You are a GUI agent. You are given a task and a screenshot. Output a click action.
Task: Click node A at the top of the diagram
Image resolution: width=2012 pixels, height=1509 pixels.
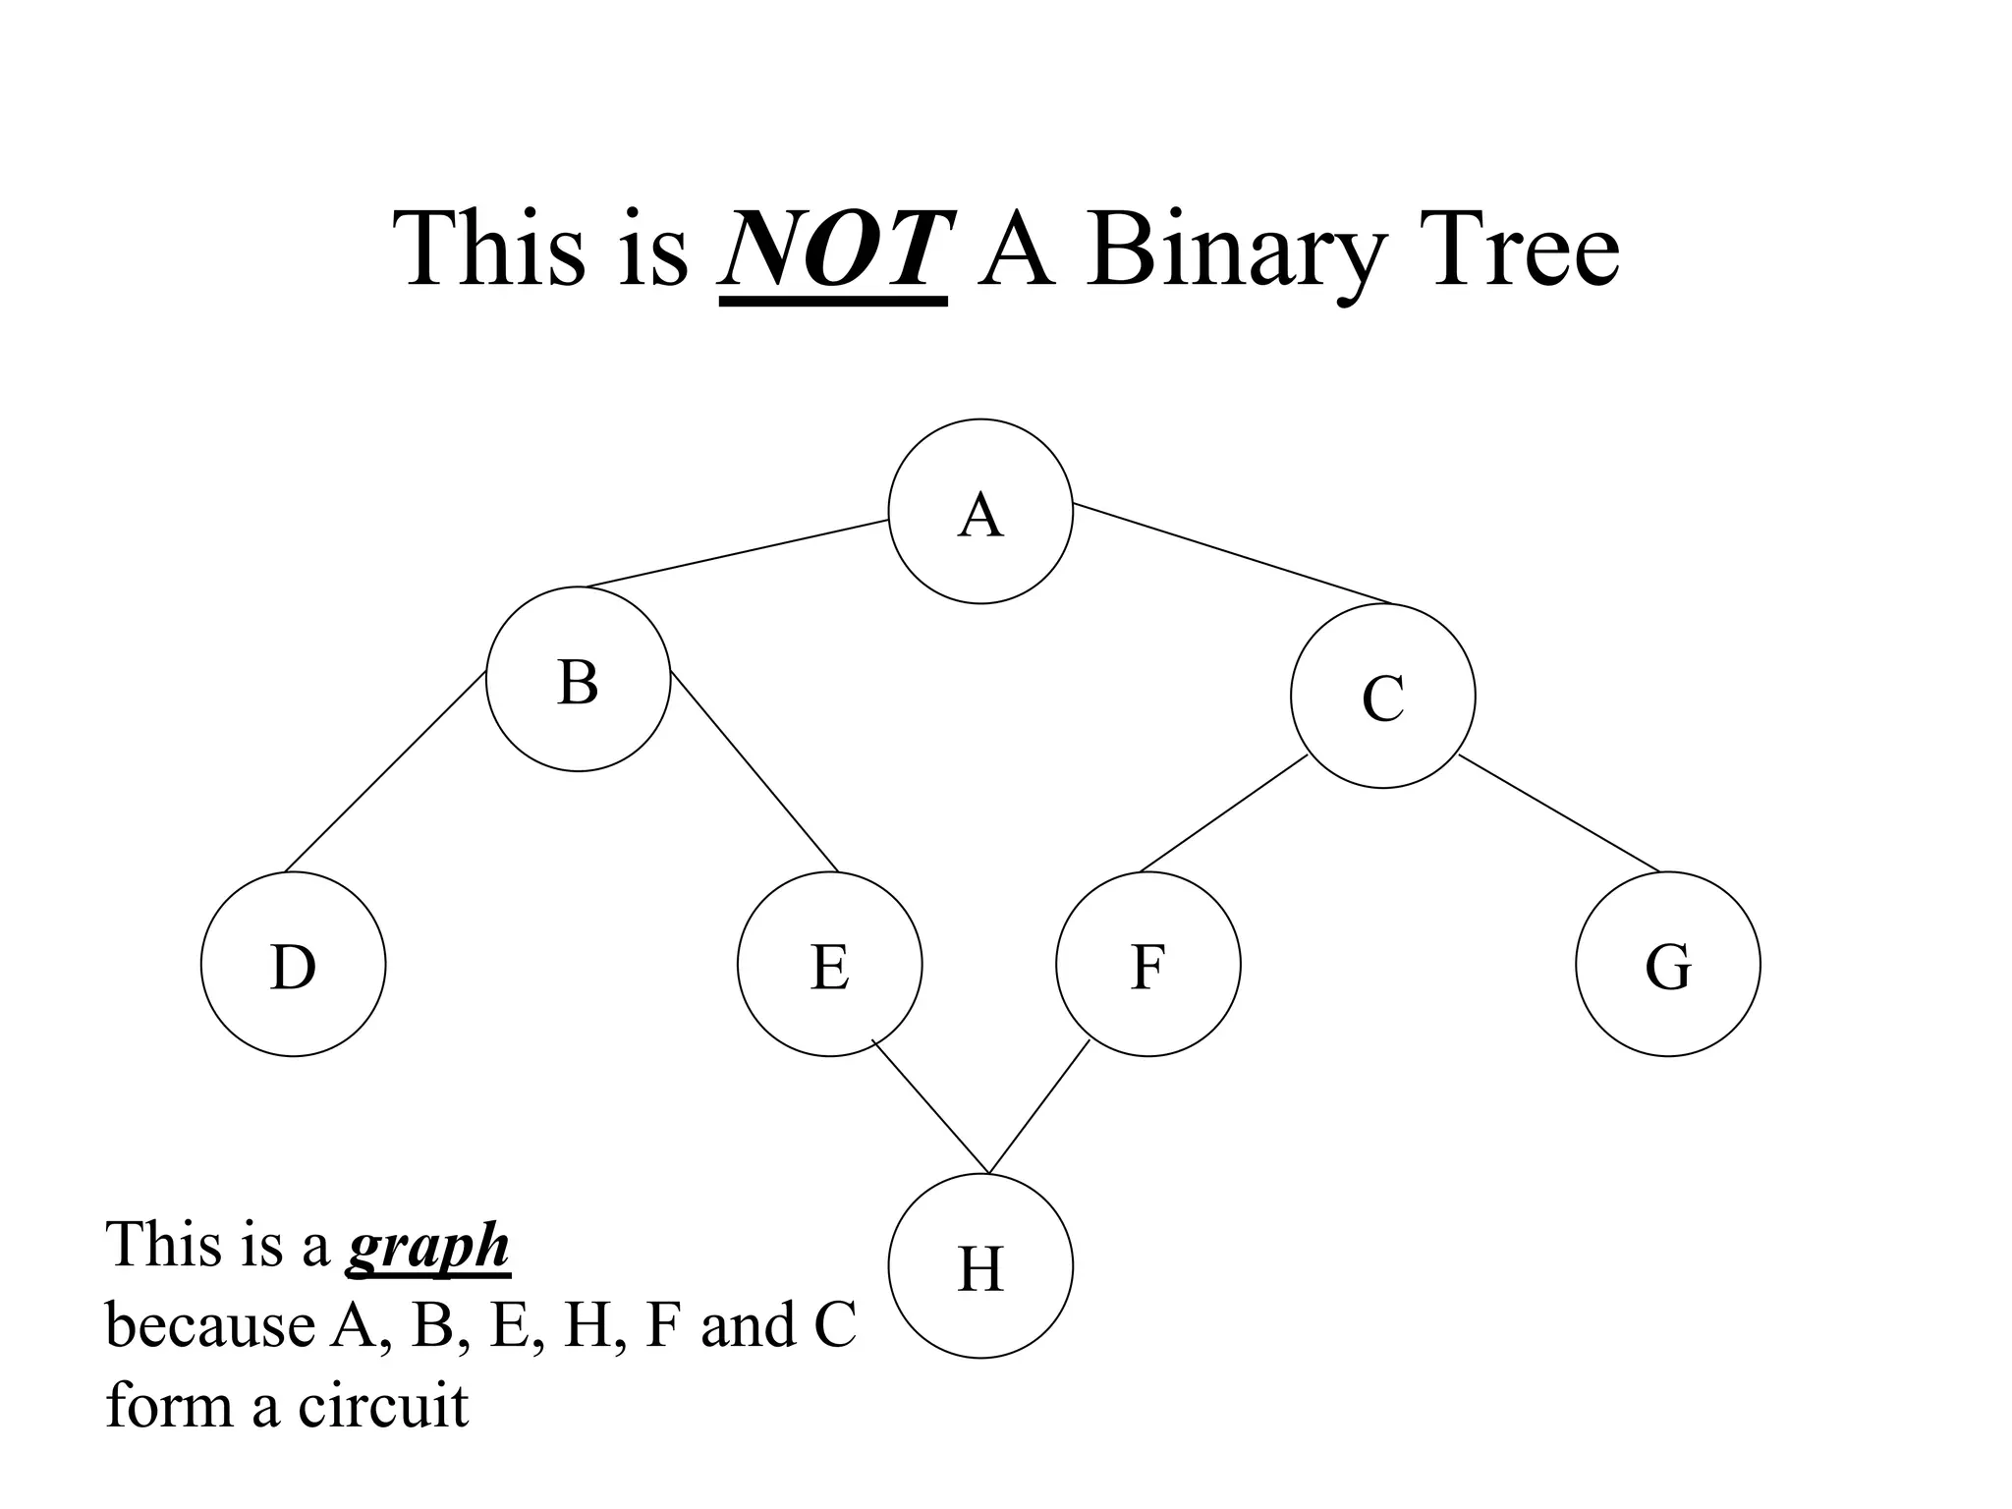pos(979,512)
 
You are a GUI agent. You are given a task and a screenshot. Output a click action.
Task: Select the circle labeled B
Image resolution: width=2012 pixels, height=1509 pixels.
pos(578,679)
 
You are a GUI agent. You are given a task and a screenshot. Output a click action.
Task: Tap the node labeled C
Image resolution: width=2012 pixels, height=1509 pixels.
pos(1382,696)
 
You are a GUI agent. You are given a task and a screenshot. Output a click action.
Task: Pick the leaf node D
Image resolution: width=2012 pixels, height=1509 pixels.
pos(293,964)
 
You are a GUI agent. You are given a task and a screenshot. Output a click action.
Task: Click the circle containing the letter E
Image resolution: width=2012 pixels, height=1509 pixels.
pos(829,964)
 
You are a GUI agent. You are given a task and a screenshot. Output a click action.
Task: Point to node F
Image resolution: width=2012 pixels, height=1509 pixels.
pos(1147,964)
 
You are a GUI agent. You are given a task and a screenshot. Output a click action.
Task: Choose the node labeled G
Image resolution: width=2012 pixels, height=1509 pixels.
pos(1667,964)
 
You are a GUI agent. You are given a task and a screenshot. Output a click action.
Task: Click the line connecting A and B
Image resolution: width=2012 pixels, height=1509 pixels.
pos(737,553)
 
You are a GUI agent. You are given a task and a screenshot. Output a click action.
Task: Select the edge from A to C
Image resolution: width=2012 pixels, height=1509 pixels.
pos(1233,553)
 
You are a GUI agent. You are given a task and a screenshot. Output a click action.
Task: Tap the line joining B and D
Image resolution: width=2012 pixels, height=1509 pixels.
pos(385,772)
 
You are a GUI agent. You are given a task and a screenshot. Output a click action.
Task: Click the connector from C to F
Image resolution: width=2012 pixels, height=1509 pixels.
pos(1223,814)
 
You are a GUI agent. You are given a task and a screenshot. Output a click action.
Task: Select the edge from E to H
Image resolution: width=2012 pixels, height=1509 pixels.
pos(930,1106)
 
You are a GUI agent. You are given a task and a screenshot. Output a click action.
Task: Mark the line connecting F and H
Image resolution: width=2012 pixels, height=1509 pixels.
pos(1039,1106)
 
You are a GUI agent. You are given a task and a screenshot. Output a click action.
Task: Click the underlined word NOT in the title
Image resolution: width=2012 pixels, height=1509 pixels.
pos(834,250)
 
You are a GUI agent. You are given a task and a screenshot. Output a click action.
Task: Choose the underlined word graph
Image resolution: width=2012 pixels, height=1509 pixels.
pos(428,1248)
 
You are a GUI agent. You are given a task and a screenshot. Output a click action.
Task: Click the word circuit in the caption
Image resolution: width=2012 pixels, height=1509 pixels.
pos(382,1405)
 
